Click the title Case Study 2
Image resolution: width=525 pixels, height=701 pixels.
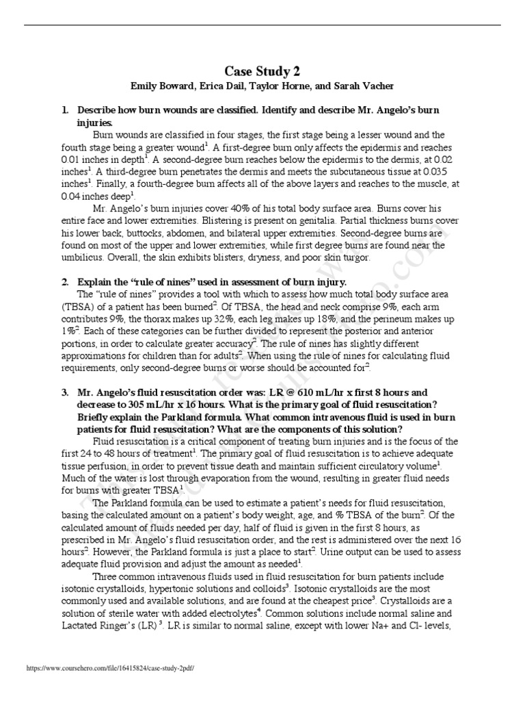coord(262,71)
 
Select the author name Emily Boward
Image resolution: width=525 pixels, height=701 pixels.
coord(161,86)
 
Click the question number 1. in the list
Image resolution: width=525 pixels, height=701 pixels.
coord(66,110)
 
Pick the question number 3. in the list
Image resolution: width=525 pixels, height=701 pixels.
coord(66,392)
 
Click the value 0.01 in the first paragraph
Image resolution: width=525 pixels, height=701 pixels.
coord(72,160)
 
